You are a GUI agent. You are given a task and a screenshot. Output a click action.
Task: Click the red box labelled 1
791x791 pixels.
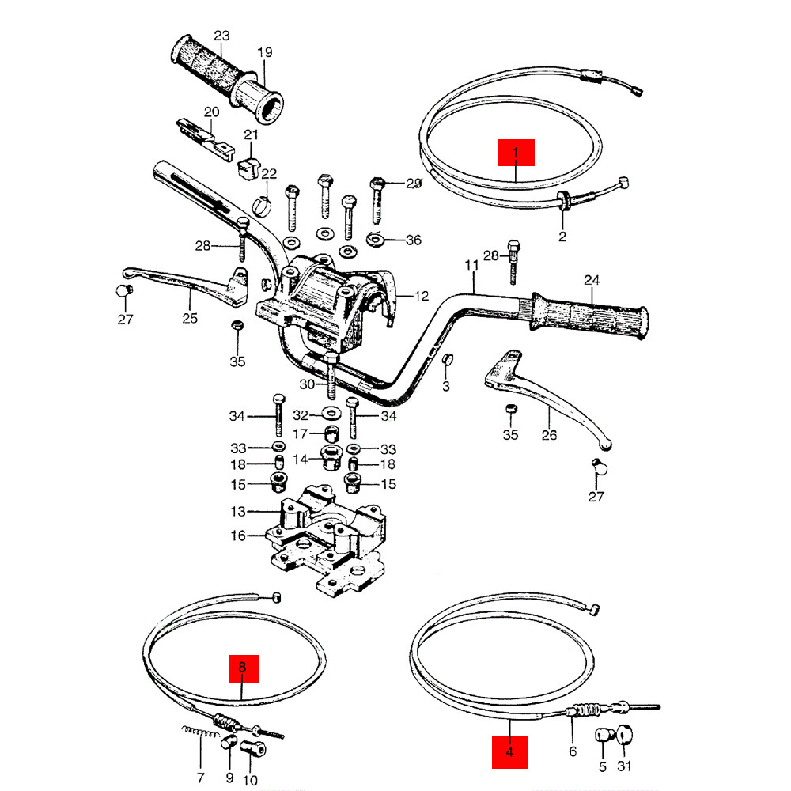(516, 152)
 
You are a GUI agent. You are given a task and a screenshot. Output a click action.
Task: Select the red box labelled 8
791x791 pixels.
(243, 668)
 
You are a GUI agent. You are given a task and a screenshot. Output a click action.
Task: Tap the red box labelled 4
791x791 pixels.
(509, 752)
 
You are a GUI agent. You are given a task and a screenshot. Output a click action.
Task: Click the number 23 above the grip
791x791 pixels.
(221, 36)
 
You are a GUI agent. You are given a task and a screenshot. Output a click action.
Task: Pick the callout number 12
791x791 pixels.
(421, 297)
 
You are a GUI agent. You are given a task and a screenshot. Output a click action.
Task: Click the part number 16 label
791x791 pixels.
(238, 536)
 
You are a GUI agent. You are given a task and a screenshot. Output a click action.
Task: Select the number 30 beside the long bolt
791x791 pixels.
(308, 384)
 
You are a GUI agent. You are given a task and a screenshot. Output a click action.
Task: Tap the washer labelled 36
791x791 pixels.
(377, 238)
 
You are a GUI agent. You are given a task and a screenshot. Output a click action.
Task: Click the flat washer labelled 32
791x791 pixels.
(328, 414)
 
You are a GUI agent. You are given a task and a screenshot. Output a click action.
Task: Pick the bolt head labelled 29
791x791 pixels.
(377, 184)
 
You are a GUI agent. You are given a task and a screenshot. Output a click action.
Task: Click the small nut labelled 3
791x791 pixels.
(445, 360)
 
